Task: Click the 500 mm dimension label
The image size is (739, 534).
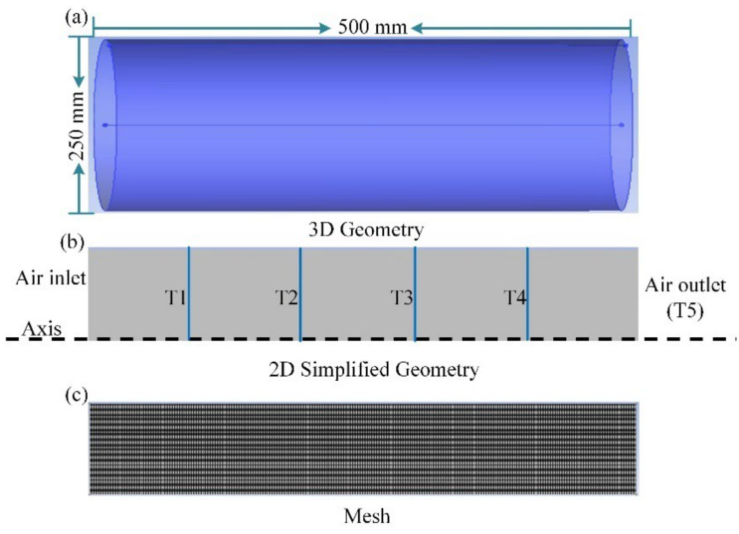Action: click(x=372, y=27)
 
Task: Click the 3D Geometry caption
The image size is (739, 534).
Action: click(x=366, y=230)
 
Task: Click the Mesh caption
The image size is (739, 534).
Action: click(x=367, y=516)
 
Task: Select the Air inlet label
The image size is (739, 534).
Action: click(x=51, y=279)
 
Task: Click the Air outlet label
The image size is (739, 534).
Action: click(x=686, y=286)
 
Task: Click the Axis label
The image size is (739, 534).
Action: click(x=42, y=330)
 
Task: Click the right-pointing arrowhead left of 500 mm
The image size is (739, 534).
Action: click(x=325, y=29)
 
